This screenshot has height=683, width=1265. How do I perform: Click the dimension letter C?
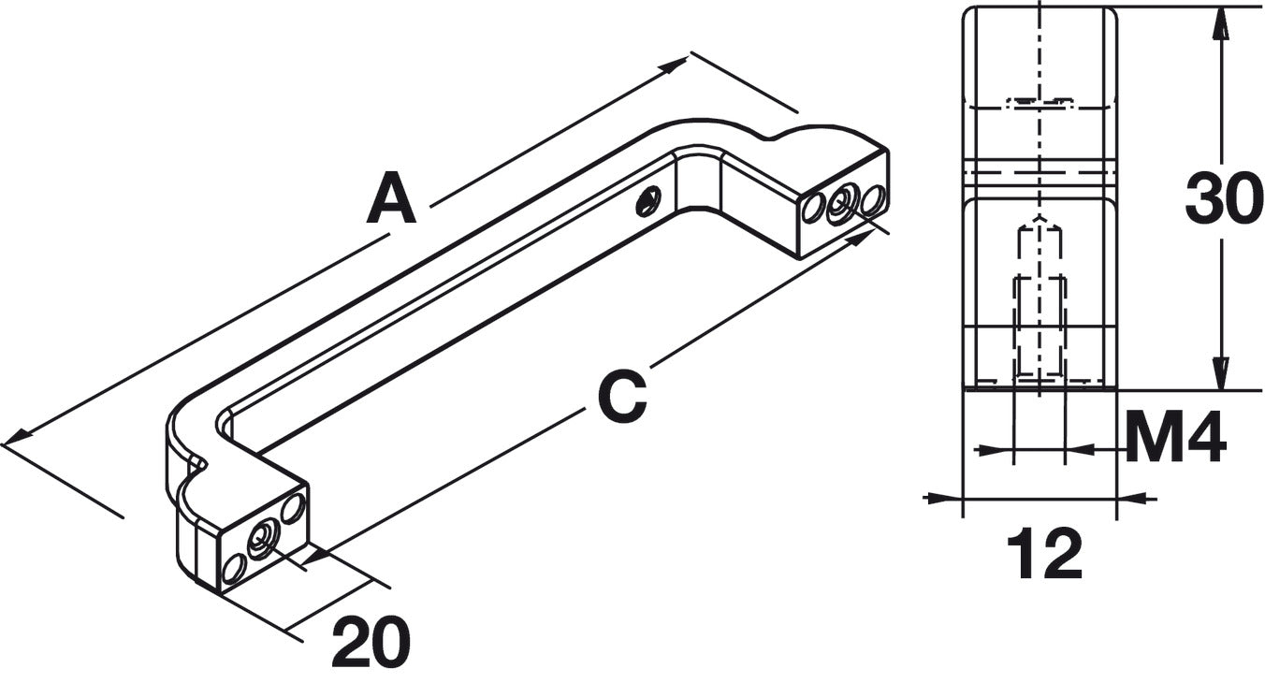click(x=622, y=396)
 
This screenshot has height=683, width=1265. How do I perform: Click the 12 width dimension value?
click(x=1045, y=554)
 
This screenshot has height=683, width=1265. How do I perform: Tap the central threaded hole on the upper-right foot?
click(x=841, y=205)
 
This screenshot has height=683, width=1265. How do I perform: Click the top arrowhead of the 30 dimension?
click(x=1221, y=23)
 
